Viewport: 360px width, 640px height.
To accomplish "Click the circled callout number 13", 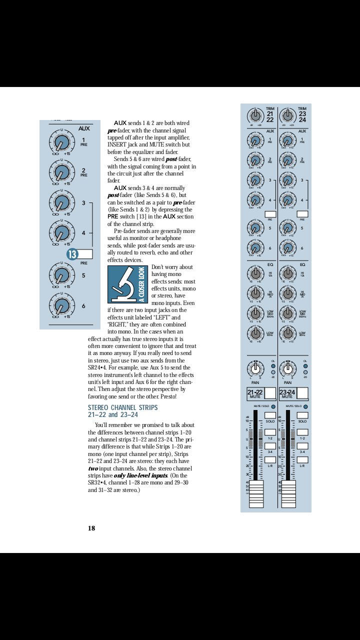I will tap(72, 254).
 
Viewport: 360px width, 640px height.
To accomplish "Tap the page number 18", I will tap(91, 528).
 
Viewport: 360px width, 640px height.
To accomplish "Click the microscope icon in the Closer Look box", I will tap(122, 285).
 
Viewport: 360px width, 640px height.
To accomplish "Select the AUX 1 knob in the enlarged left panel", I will tap(61, 142).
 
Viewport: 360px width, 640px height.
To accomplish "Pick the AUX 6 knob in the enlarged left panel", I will tap(61, 305).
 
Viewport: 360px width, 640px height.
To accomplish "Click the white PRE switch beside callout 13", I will tap(85, 254).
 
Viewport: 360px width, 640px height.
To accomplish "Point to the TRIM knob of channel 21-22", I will tap(255, 116).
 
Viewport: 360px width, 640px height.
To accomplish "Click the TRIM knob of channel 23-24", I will tap(287, 116).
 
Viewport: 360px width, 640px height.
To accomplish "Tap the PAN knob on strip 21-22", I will tap(255, 369).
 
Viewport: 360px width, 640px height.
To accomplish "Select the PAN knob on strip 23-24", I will tap(287, 369).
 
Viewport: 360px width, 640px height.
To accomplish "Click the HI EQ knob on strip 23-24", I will tap(287, 273).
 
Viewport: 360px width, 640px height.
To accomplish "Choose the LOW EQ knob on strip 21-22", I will tap(255, 333).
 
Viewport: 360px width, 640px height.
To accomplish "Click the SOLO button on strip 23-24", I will tap(302, 415).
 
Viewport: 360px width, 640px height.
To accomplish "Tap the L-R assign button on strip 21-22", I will tap(270, 459).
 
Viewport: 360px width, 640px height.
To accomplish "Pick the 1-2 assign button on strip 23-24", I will tap(302, 432).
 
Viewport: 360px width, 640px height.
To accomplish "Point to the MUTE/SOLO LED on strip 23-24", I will tap(305, 406).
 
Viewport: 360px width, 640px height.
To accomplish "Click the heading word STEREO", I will tap(98, 407).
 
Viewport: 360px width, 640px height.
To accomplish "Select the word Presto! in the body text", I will tap(168, 396).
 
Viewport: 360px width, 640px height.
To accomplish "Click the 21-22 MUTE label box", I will tap(255, 393).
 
